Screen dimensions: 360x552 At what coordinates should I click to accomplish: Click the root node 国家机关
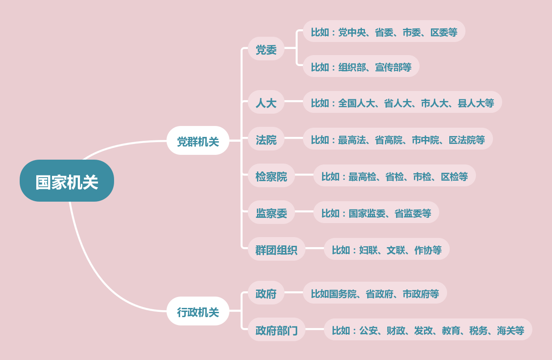pyautogui.click(x=67, y=181)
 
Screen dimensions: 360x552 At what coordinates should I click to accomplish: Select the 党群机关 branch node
pyautogui.click(x=198, y=141)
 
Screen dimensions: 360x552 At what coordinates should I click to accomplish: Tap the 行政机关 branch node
pyautogui.click(x=198, y=311)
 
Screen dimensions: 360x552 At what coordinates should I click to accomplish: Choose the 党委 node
pyautogui.click(x=266, y=49)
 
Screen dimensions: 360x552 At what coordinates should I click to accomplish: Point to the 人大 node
pyautogui.click(x=266, y=102)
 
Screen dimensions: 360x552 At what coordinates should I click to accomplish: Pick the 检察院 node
pyautogui.click(x=271, y=176)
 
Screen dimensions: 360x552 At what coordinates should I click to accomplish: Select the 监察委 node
pyautogui.click(x=271, y=213)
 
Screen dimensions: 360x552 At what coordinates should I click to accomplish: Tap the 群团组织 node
pyautogui.click(x=276, y=249)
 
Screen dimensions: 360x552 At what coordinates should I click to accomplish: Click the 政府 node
pyautogui.click(x=266, y=293)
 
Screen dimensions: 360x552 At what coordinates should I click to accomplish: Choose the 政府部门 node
pyautogui.click(x=276, y=330)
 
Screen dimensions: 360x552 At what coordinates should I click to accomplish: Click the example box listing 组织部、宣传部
pyautogui.click(x=361, y=66)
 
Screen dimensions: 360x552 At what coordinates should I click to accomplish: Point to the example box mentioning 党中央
pyautogui.click(x=384, y=31)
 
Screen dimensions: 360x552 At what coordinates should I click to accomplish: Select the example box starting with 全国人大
pyautogui.click(x=402, y=102)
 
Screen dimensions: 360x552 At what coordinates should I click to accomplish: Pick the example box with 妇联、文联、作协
pyautogui.click(x=386, y=249)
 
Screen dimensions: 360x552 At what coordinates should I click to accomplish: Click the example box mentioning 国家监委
pyautogui.click(x=376, y=213)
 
